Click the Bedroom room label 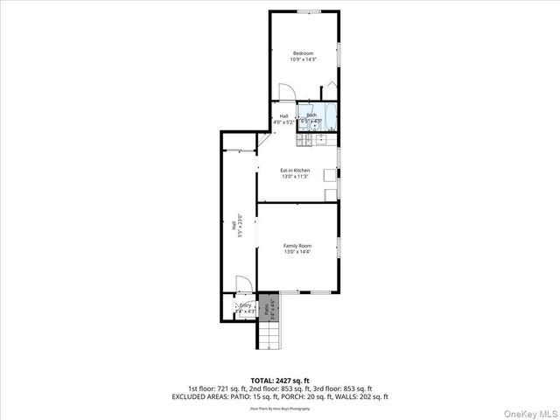coord(303,53)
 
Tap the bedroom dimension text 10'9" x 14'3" coord(303,59)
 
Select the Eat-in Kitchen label coord(295,170)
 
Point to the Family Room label coord(297,246)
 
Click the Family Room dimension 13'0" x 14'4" coord(297,252)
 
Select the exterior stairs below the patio coord(272,335)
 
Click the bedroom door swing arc coord(283,91)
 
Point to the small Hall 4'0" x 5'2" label coord(283,119)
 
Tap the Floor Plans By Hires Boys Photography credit coord(280,408)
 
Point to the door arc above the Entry coord(244,286)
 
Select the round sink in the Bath coord(314,125)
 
